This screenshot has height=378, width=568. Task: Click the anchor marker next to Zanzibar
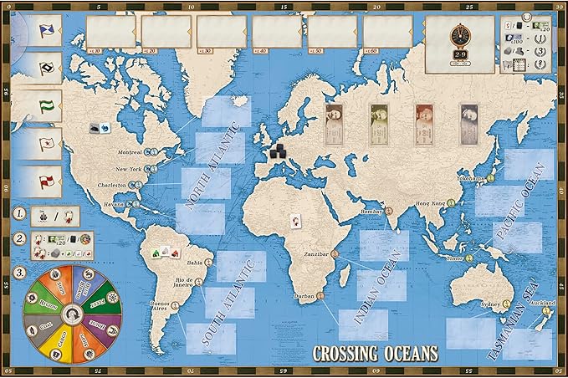(x=335, y=251)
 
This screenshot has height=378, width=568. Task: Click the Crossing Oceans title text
(x=375, y=353)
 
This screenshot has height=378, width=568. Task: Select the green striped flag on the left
(x=29, y=105)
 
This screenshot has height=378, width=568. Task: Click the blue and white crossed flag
(x=29, y=30)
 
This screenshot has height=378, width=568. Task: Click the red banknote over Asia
(x=425, y=120)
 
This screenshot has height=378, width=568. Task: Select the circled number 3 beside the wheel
(x=18, y=272)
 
